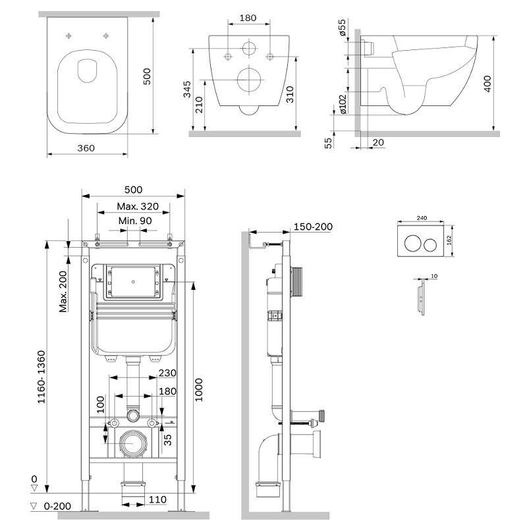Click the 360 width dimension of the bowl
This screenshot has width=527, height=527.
pyautogui.click(x=85, y=148)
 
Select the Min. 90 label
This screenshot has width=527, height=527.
pyautogui.click(x=135, y=221)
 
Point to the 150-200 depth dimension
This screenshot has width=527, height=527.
pyautogui.click(x=314, y=227)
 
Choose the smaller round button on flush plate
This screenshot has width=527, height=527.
pyautogui.click(x=430, y=245)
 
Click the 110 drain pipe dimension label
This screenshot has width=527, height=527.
pyautogui.click(x=157, y=500)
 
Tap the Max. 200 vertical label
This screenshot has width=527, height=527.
pyautogui.click(x=64, y=292)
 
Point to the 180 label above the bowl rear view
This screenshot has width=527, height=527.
pyautogui.click(x=248, y=18)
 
